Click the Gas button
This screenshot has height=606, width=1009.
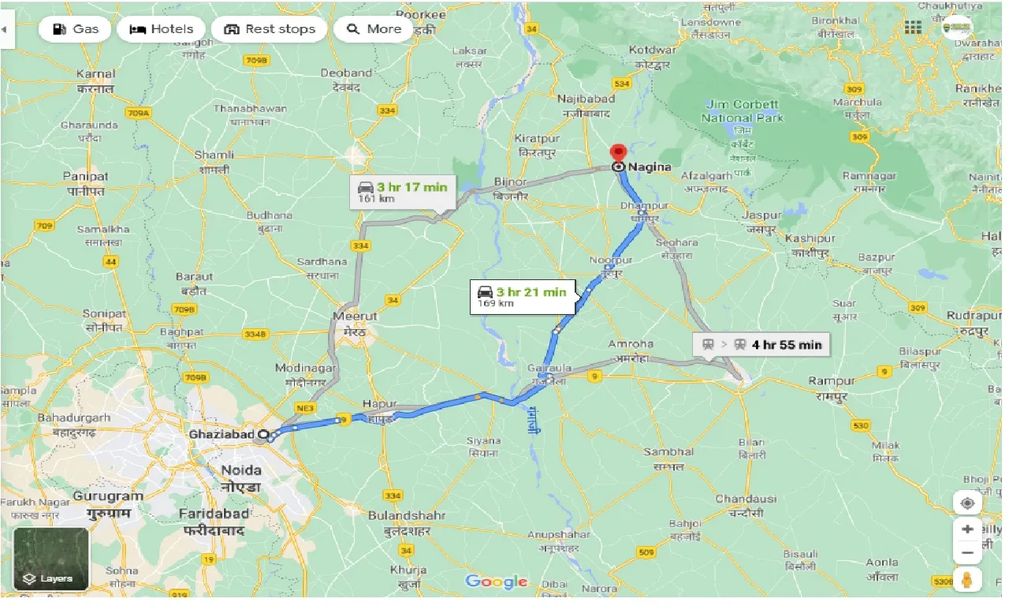point(76,29)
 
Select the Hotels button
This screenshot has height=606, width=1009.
point(161,29)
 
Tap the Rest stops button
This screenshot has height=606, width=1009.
point(269,29)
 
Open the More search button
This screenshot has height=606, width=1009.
point(374,29)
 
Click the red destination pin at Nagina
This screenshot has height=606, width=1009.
point(618,153)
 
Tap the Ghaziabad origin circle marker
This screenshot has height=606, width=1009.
point(263,434)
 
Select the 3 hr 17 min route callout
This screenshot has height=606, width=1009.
point(402,192)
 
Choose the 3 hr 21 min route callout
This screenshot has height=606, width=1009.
point(522,297)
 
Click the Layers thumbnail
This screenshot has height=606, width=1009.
point(50,559)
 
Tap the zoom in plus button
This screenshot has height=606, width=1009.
point(968,529)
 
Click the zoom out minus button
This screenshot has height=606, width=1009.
point(968,552)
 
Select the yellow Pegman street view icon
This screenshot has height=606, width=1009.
point(968,581)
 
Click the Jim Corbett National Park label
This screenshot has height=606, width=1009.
point(743,110)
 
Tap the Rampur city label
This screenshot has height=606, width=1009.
point(832,381)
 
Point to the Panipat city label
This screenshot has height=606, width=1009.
point(86,177)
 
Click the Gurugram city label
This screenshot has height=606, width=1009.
point(108,496)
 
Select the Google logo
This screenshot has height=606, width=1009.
point(496,582)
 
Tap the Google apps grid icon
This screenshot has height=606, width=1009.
point(913,28)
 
